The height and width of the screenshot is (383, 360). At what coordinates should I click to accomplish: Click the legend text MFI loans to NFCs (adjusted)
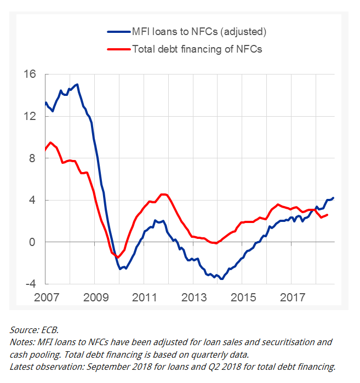pyautogui.click(x=199, y=31)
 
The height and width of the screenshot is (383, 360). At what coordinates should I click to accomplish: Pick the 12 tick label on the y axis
pyautogui.click(x=30, y=116)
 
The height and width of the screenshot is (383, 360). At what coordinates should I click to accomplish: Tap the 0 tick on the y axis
pyautogui.click(x=33, y=242)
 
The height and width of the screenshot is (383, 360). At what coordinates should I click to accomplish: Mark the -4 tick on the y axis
pyautogui.click(x=30, y=284)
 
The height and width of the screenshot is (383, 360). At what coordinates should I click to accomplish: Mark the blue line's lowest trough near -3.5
pyautogui.click(x=222, y=279)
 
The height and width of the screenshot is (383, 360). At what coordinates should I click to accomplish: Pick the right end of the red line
pyautogui.click(x=327, y=215)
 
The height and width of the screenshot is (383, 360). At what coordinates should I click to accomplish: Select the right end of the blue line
pyautogui.click(x=333, y=198)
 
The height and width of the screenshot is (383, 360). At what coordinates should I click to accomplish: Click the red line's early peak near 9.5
pyautogui.click(x=50, y=142)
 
